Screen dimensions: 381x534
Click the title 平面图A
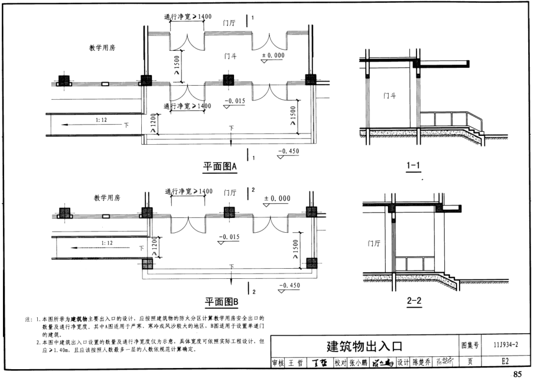click(x=220, y=167)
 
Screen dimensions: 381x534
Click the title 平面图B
click(x=221, y=302)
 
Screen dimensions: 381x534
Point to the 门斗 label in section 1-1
click(x=389, y=95)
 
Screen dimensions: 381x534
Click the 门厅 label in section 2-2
click(x=373, y=243)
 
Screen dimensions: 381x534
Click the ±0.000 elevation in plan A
click(x=273, y=55)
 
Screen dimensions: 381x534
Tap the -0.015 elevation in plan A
click(x=235, y=101)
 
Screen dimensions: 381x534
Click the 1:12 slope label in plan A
click(x=102, y=120)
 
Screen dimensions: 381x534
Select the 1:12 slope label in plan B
click(x=107, y=242)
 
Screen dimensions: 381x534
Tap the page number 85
click(x=518, y=374)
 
